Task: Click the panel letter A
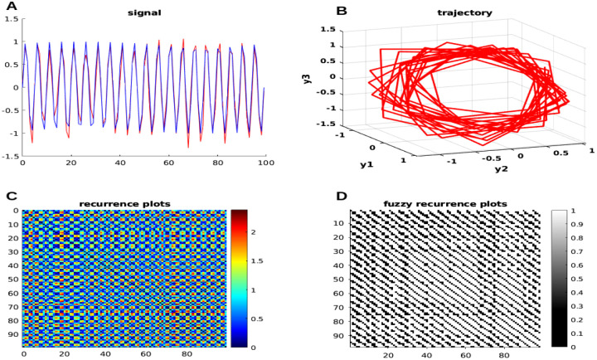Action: (11, 7)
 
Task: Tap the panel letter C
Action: (11, 197)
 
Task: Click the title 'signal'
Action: (143, 13)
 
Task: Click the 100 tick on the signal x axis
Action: (265, 163)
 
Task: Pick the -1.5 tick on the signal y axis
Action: (11, 155)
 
